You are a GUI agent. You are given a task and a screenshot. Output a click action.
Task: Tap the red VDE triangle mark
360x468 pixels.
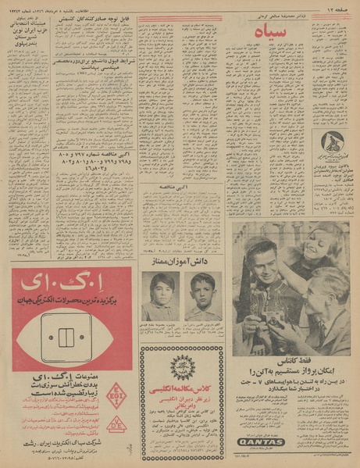115,423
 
